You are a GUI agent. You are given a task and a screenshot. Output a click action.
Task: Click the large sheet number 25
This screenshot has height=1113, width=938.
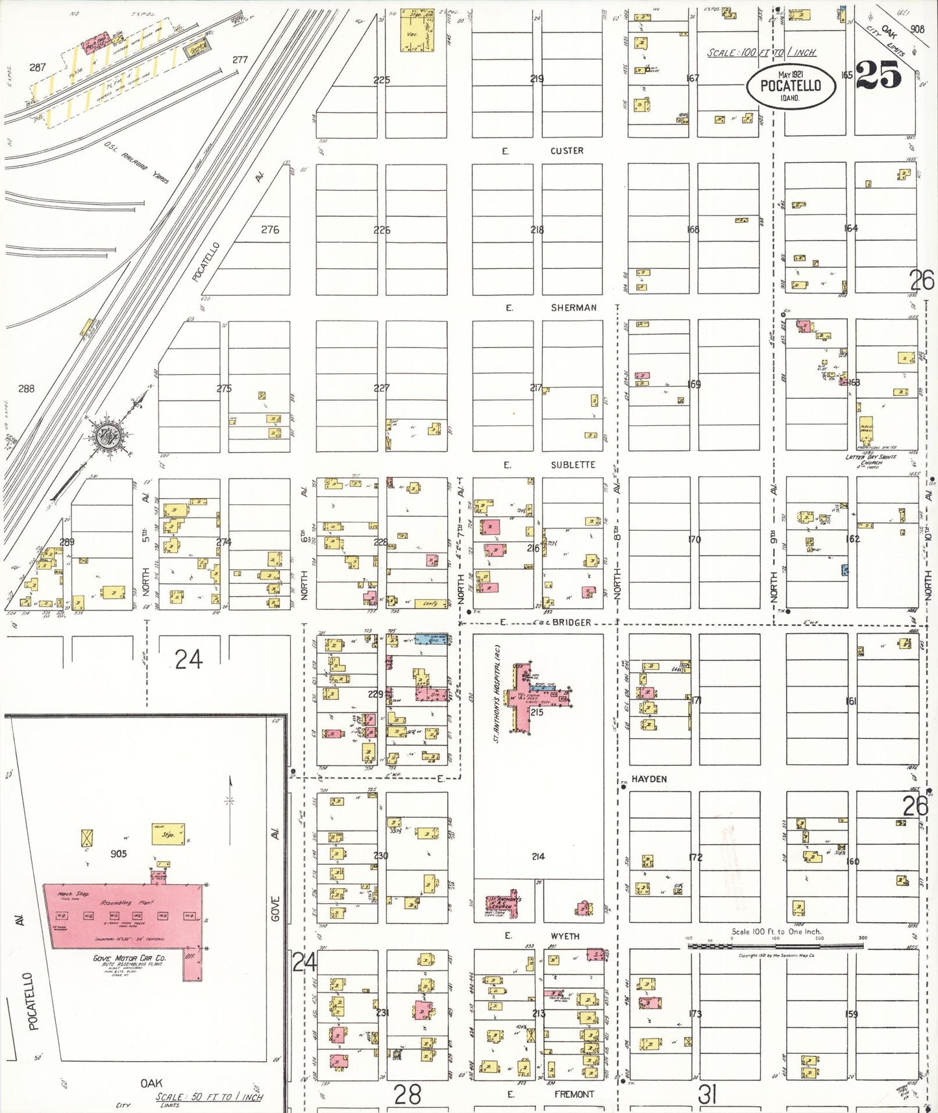[x=878, y=75]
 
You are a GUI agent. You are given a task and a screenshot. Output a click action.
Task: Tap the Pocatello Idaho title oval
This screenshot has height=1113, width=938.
[x=791, y=86]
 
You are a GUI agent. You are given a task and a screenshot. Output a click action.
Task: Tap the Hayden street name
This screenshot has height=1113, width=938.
[x=649, y=779]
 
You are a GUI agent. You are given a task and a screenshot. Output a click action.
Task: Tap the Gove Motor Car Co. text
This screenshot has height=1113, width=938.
[x=129, y=958]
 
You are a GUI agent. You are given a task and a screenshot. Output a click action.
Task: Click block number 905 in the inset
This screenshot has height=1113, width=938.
[x=118, y=854]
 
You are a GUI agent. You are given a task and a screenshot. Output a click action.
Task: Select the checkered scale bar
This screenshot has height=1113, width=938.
[x=775, y=946]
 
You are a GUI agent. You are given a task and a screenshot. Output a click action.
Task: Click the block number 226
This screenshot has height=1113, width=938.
[x=382, y=230]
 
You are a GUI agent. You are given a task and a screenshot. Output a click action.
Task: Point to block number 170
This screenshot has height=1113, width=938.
[x=694, y=539]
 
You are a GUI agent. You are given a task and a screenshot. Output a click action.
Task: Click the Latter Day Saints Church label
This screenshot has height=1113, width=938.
[x=870, y=460]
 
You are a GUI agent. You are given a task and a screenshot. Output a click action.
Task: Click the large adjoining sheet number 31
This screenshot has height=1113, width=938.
[x=707, y=1095]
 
